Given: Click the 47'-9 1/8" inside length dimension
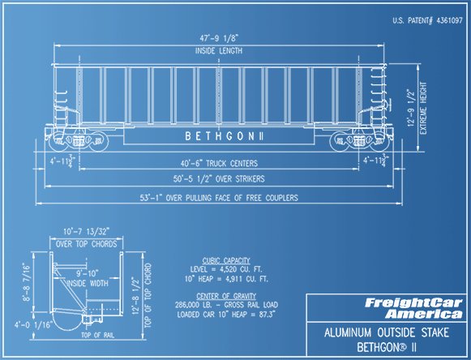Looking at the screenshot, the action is pos(219,38).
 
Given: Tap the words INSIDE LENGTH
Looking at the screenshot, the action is pos(219,51).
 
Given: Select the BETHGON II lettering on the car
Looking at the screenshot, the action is pos(225,136).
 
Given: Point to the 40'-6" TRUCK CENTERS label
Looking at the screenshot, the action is pos(219,163).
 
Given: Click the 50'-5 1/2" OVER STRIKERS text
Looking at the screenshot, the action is pos(219,179).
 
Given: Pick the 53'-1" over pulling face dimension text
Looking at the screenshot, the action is pos(219,198).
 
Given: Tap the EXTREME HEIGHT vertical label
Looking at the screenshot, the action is pos(423,108).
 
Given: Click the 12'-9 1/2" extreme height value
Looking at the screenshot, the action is pos(411,108).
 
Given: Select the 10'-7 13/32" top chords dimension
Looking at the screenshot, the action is pos(86,232).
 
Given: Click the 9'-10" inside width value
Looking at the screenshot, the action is pos(88,273).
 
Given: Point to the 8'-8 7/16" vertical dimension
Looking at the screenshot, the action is pos(26,282).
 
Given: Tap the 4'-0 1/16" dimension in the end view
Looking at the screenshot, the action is pos(34,324).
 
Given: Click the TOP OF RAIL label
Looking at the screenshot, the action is pos(97,335).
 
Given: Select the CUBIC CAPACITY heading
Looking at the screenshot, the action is pos(226,260).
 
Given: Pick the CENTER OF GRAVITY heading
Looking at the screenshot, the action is pos(226,296).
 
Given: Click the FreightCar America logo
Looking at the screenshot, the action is pos(413,308).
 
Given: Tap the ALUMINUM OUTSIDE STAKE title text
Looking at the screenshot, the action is pos(387,332).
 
